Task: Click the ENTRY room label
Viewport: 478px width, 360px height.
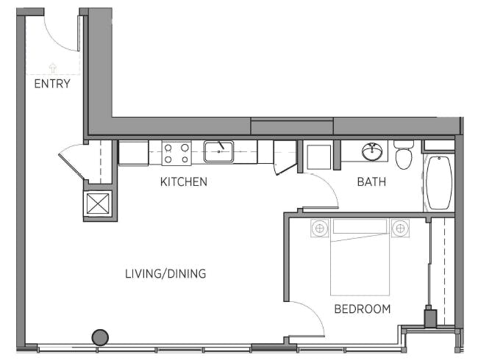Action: tap(52, 84)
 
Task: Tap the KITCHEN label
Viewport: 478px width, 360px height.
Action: tap(184, 181)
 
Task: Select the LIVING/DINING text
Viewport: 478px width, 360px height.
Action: tap(165, 273)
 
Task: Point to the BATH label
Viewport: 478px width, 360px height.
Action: tap(371, 181)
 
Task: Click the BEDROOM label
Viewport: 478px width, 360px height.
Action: tap(363, 309)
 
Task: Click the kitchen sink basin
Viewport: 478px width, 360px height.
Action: tap(218, 151)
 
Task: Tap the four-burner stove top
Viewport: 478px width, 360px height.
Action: tap(176, 154)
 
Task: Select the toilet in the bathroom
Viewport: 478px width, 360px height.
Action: tap(404, 155)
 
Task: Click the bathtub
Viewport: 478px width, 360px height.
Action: tap(439, 183)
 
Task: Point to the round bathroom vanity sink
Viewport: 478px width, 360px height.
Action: tap(372, 151)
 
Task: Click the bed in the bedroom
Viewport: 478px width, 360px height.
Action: tap(360, 256)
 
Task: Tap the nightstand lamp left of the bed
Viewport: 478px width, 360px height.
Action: tap(319, 228)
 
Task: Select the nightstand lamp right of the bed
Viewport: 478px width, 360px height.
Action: tap(400, 228)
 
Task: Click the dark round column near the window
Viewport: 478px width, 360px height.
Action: tap(100, 337)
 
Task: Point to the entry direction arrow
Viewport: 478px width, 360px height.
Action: tap(53, 68)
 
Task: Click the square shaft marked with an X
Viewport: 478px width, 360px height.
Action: tap(98, 204)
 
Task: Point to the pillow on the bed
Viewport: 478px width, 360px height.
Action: tap(360, 226)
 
